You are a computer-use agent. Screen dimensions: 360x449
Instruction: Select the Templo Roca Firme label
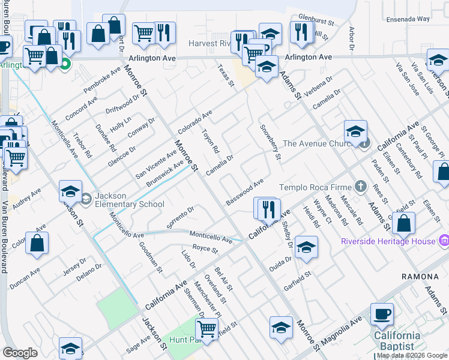316,187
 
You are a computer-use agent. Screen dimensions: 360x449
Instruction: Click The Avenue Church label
321,143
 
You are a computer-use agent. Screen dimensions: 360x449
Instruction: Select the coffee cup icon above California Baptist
382,313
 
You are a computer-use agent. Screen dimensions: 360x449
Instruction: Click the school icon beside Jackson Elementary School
71,191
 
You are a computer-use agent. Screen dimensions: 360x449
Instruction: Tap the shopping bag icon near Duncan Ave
37,244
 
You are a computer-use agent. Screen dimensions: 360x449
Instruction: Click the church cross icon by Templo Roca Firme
360,187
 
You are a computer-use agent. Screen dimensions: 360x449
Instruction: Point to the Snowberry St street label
270,142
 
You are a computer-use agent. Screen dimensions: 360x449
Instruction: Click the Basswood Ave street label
245,191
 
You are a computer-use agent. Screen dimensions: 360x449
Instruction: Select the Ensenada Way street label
409,19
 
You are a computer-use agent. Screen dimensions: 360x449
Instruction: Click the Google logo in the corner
20,353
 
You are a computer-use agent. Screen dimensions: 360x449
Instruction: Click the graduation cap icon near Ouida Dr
306,248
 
